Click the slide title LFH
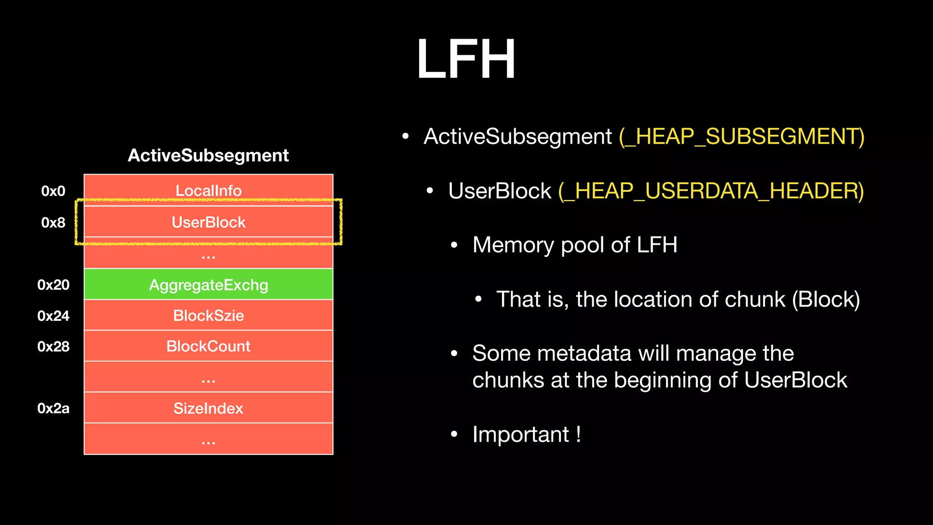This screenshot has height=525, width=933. (x=466, y=59)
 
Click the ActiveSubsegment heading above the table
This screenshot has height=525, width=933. (x=208, y=155)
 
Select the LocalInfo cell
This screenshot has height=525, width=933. (x=209, y=190)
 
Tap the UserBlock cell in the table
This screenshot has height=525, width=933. (x=209, y=222)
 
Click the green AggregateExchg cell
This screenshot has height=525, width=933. (x=209, y=285)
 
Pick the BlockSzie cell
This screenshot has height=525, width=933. (x=209, y=315)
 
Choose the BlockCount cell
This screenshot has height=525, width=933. (x=209, y=346)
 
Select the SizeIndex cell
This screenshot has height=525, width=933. (x=209, y=408)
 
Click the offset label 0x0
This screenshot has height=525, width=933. (x=53, y=191)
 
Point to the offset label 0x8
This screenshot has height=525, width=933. (x=53, y=222)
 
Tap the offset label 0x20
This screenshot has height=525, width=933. (x=53, y=285)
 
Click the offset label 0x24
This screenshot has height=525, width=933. (x=53, y=316)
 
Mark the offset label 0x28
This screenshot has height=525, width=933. (x=53, y=347)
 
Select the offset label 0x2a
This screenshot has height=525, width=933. (x=53, y=408)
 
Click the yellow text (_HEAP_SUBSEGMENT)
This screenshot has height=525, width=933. (x=741, y=136)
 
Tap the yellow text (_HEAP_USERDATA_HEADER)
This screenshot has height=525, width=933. (x=711, y=190)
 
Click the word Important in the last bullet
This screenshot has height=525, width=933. (x=520, y=434)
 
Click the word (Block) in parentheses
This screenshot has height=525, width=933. (x=825, y=299)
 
